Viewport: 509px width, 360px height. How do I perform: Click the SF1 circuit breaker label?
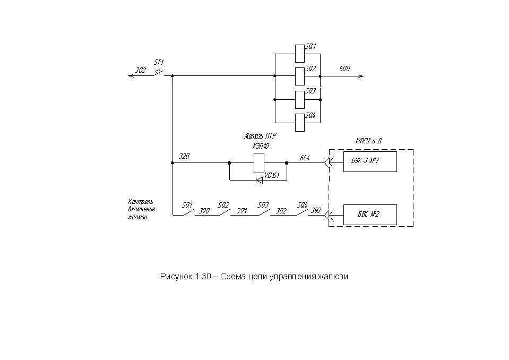pyautogui.click(x=159, y=62)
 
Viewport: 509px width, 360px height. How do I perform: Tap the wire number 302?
pyautogui.click(x=141, y=70)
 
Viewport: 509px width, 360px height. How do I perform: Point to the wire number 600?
pyautogui.click(x=345, y=68)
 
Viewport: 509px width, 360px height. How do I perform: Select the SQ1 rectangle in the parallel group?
pyautogui.click(x=300, y=54)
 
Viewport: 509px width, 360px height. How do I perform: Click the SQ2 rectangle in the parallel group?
pyautogui.click(x=300, y=76)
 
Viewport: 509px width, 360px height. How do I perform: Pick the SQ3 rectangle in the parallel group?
pyautogui.click(x=300, y=100)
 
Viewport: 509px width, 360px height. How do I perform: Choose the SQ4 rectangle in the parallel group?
pyautogui.click(x=300, y=123)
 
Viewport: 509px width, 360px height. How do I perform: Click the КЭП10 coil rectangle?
pyautogui.click(x=258, y=162)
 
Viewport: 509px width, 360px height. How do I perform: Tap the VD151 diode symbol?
pyautogui.click(x=259, y=180)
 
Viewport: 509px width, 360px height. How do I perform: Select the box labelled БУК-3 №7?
pyautogui.click(x=370, y=161)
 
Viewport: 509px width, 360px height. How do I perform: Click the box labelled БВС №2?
pyautogui.click(x=370, y=215)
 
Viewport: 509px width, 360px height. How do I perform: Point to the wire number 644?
pyautogui.click(x=305, y=158)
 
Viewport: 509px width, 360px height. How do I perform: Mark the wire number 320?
pyautogui.click(x=184, y=157)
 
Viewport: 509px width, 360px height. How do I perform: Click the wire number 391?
pyautogui.click(x=242, y=211)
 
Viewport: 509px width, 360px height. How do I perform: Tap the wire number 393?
pyautogui.click(x=316, y=210)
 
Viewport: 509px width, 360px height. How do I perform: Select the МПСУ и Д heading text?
pyautogui.click(x=368, y=141)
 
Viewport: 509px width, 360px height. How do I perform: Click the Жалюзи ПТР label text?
pyautogui.click(x=260, y=136)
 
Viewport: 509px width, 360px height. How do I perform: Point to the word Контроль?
pyautogui.click(x=141, y=202)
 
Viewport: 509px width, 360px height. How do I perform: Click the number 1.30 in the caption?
pyautogui.click(x=203, y=276)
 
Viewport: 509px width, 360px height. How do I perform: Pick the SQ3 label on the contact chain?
pyautogui.click(x=263, y=205)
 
